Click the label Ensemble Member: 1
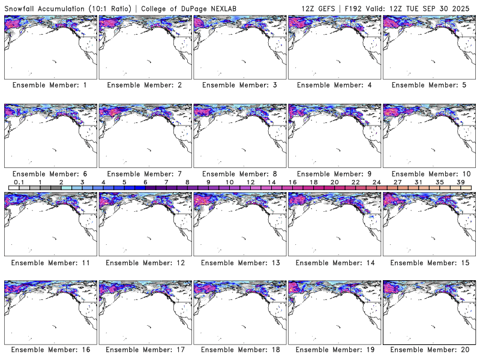click(50, 85)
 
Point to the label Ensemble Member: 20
click(428, 350)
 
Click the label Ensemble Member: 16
click(50, 350)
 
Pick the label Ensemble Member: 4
click(334, 85)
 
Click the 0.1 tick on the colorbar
click(19, 182)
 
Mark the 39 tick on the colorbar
click(461, 182)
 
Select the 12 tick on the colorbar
click(250, 182)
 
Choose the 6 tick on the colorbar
click(145, 182)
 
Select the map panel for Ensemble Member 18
click(239, 309)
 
